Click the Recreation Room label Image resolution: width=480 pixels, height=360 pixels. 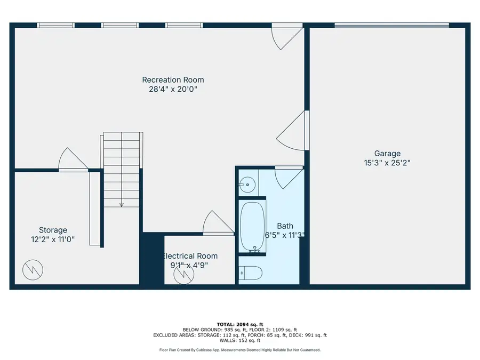click(173, 80)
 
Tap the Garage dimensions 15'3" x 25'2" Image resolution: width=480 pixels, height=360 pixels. click(387, 163)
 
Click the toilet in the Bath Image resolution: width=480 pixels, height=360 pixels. click(250, 273)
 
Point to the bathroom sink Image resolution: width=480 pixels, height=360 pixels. click(247, 185)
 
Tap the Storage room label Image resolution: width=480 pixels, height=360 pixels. click(53, 230)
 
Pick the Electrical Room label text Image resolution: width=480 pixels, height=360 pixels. click(190, 256)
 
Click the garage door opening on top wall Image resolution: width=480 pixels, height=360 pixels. click(391, 25)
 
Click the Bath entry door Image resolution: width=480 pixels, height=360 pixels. click(289, 176)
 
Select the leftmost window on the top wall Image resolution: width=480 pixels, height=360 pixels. click(55, 25)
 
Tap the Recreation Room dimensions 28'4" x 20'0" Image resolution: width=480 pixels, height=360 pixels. click(173, 90)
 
